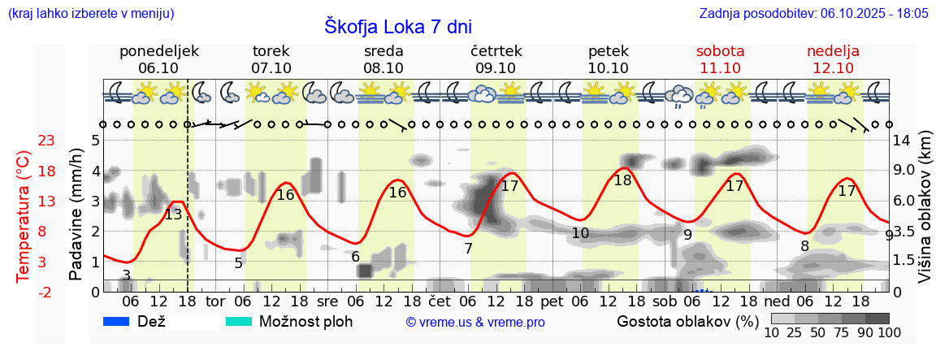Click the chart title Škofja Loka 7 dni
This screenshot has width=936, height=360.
(x=397, y=26)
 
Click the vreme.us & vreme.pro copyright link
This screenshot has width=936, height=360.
(x=475, y=323)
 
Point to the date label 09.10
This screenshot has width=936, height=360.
(x=496, y=68)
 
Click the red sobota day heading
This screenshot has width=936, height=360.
(x=720, y=51)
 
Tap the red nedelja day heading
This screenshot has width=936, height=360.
(x=833, y=51)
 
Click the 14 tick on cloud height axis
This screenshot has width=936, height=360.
(x=903, y=141)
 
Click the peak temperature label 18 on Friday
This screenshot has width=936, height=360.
(x=622, y=180)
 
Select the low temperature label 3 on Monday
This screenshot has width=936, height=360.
(x=126, y=275)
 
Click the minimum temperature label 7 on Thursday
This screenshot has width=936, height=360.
(x=468, y=249)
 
